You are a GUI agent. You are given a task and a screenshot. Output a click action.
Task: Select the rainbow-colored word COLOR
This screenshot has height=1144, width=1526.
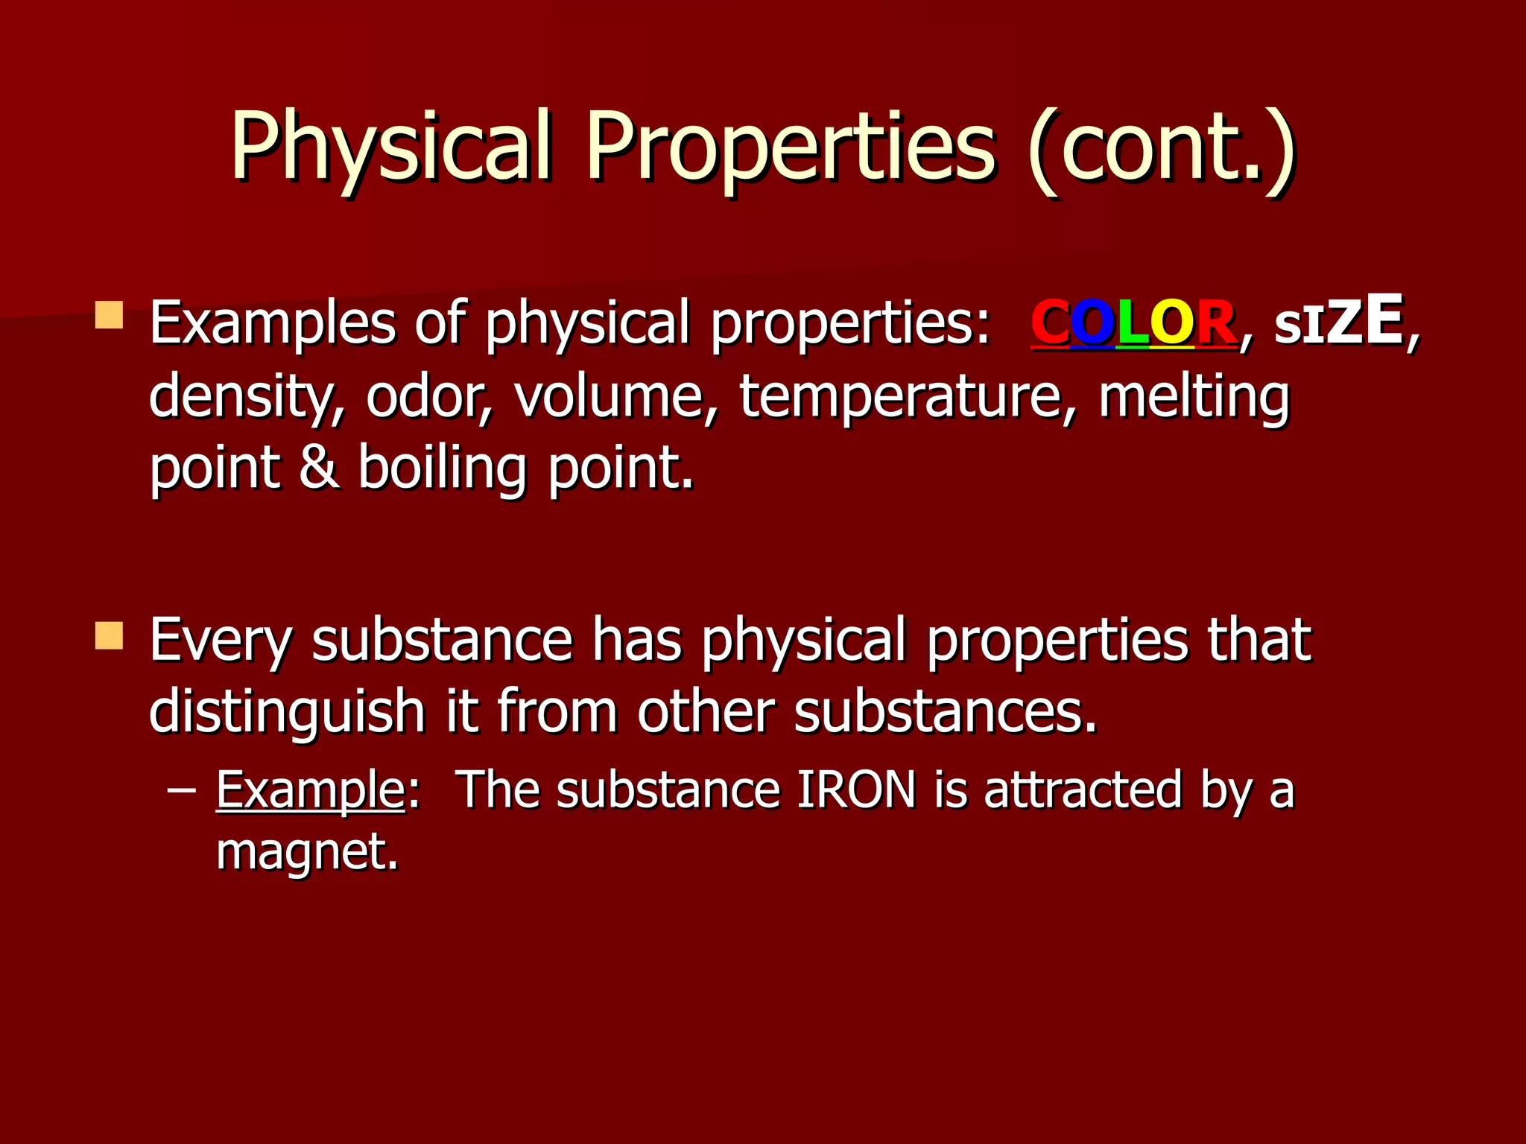1133,324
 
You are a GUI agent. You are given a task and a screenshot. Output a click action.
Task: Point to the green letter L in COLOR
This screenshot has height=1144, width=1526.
1133,324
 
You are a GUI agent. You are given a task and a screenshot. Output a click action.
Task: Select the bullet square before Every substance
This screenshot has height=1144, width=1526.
110,635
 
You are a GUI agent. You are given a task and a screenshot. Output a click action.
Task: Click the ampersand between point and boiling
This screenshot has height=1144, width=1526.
319,468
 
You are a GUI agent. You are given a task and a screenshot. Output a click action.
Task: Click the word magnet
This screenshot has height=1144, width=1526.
307,851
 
